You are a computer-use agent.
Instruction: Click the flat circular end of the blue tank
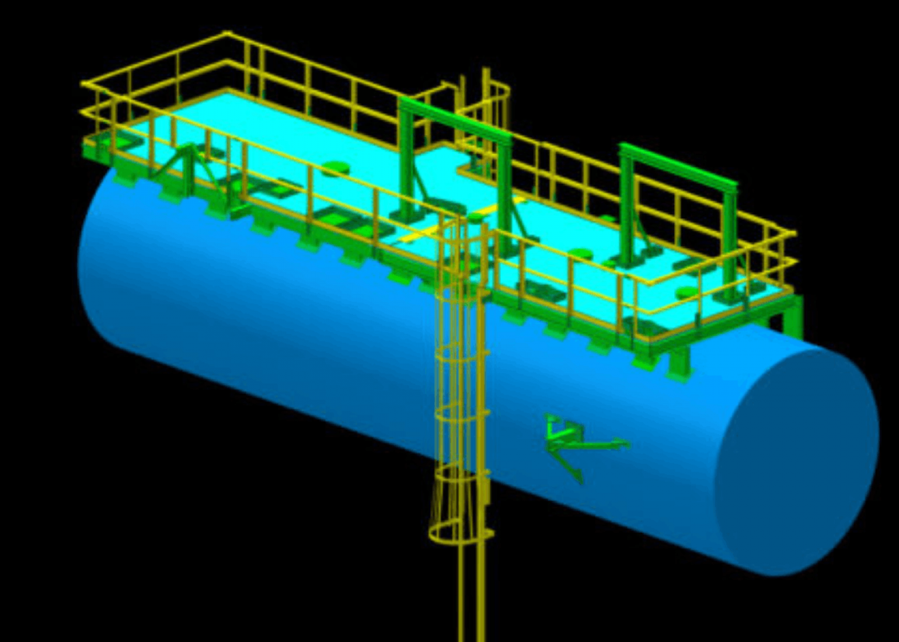[x=797, y=461]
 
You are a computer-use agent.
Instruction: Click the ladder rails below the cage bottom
[x=471, y=589]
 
